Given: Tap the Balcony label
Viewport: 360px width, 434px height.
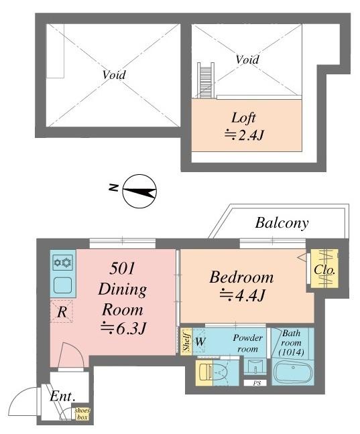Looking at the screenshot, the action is click(x=282, y=224).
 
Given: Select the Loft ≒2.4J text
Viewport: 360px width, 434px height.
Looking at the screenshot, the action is click(x=243, y=127).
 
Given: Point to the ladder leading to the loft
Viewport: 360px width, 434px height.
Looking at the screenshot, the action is click(x=206, y=80).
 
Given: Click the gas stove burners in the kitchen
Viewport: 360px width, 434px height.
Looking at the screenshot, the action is click(x=63, y=263).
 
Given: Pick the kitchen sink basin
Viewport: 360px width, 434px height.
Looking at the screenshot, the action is click(x=63, y=285).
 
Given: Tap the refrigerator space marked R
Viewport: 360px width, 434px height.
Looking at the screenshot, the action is click(x=62, y=312).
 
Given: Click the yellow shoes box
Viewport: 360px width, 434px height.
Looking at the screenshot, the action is click(x=82, y=414).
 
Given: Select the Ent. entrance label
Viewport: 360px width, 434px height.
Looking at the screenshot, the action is click(x=62, y=396).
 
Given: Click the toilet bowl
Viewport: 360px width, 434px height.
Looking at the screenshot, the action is click(x=220, y=372).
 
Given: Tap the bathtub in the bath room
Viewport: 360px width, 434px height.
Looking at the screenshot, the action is click(x=293, y=372).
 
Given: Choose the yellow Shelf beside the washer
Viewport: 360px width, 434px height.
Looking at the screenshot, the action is click(x=186, y=342).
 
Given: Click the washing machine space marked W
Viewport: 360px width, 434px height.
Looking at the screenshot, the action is click(x=200, y=342).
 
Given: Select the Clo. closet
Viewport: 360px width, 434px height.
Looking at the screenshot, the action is click(x=324, y=268).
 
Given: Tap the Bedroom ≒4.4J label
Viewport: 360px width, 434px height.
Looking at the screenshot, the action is click(x=241, y=286).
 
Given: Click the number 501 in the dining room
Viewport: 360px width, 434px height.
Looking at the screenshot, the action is click(x=122, y=269).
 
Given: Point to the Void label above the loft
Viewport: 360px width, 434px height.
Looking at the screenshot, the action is click(x=247, y=60).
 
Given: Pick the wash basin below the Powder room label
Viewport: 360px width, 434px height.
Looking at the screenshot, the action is click(x=255, y=367).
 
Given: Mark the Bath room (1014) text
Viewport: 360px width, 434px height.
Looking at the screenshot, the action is click(x=291, y=343).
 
